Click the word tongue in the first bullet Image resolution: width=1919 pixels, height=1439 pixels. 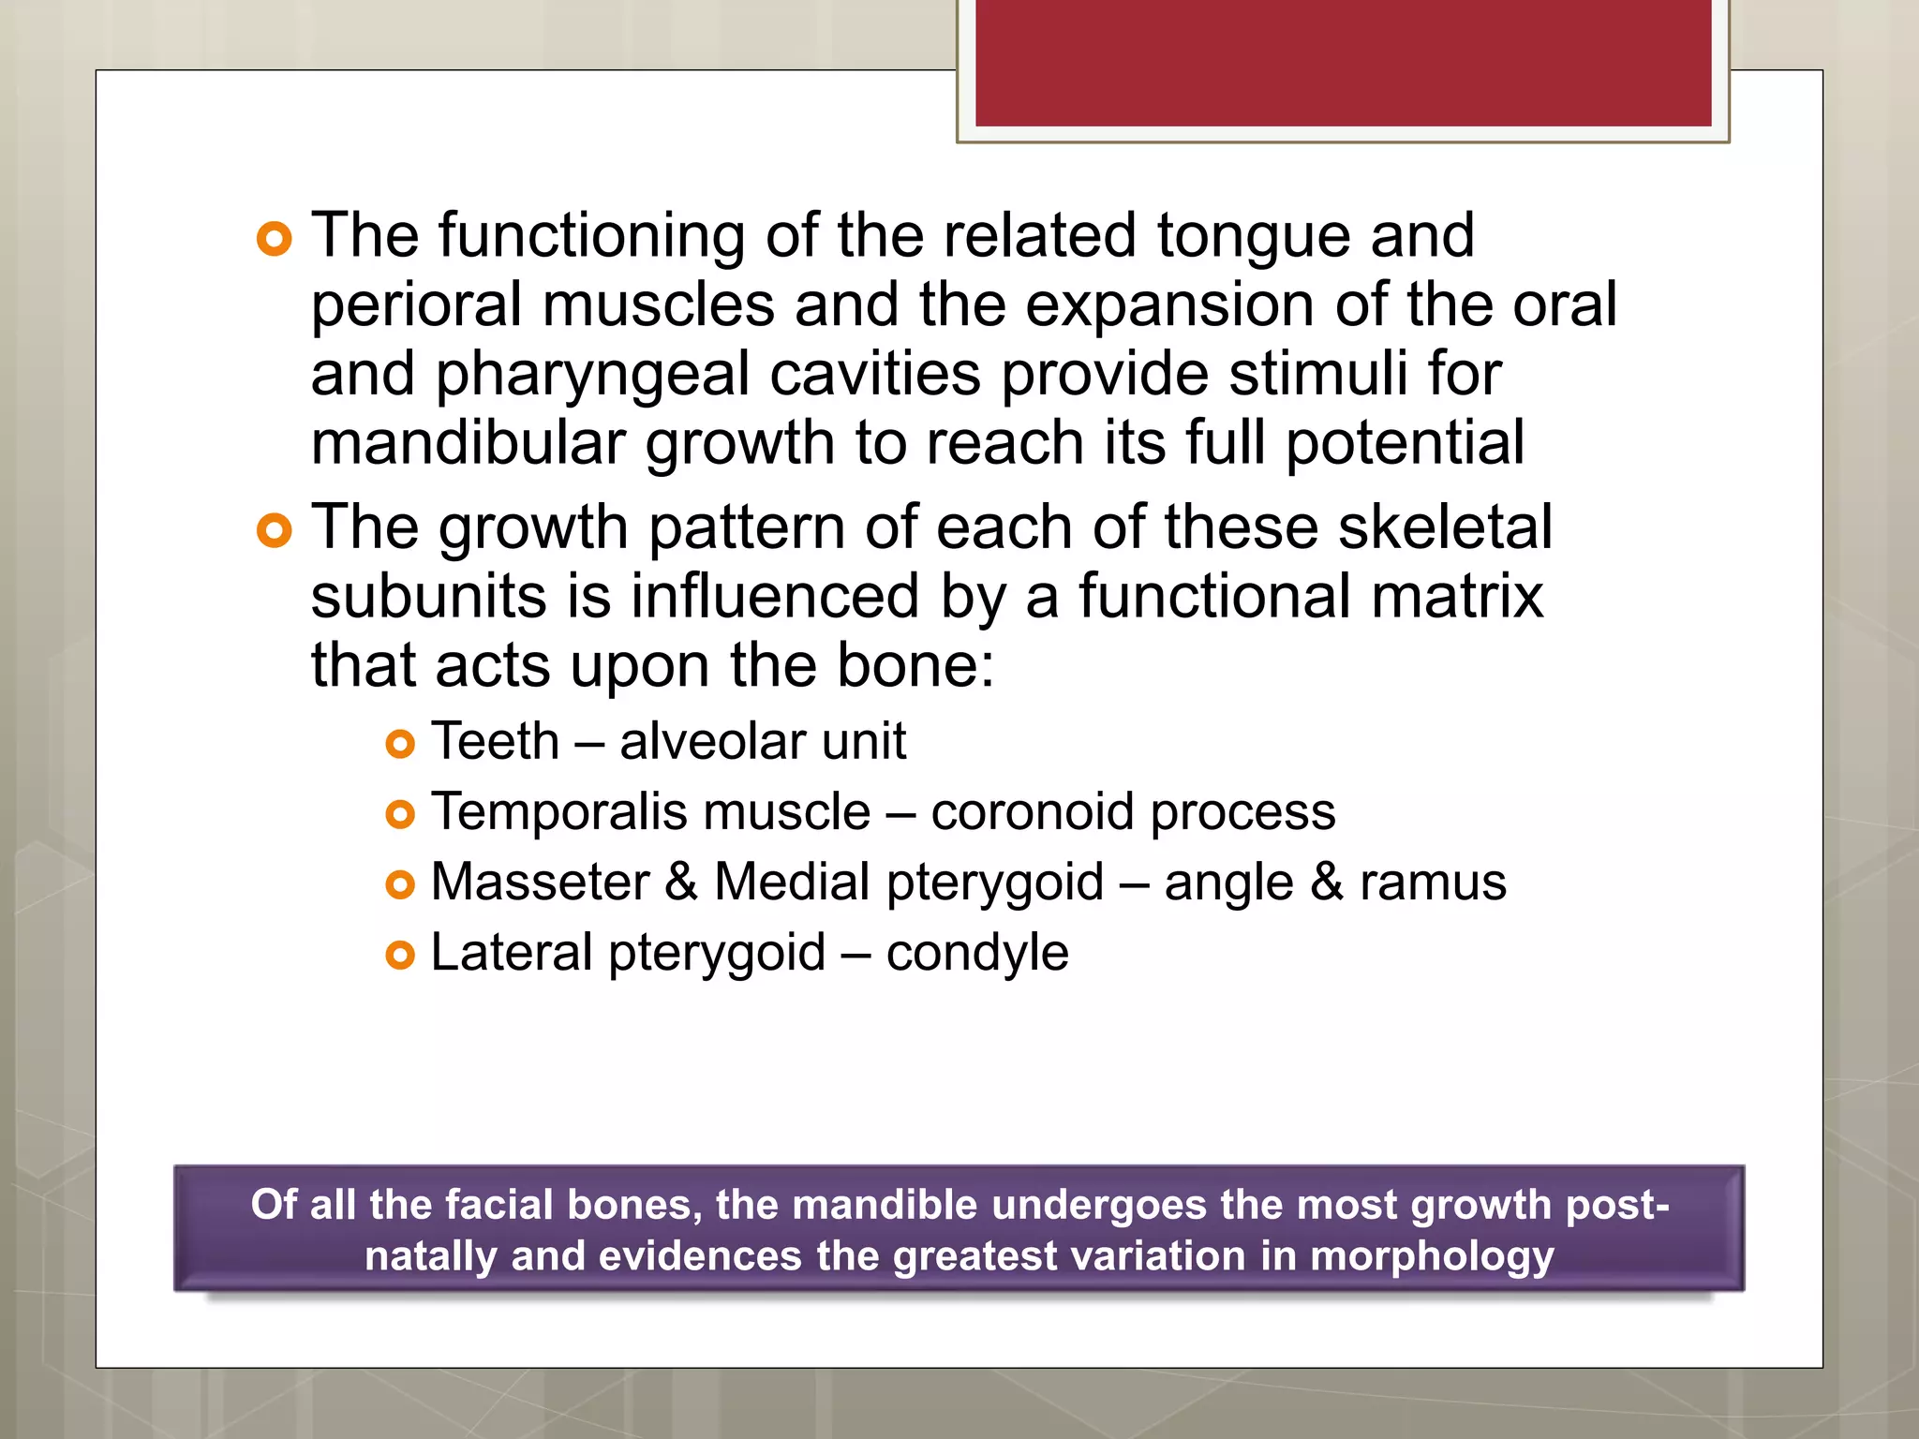1254,236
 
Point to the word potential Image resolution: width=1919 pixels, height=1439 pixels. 1405,444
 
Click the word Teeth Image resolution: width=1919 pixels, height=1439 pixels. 495,742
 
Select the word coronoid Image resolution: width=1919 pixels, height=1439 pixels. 1031,812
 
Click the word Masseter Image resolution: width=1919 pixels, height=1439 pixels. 540,883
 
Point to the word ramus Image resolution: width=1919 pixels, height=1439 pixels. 1433,883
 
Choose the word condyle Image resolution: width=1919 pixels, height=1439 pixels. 977,953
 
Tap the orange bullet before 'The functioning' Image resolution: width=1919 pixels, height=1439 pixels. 274,240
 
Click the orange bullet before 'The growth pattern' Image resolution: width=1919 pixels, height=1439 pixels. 274,532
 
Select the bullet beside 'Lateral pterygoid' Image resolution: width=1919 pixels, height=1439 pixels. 400,957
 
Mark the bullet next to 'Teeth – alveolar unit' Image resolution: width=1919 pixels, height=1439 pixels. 400,746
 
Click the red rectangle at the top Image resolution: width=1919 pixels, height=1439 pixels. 1343,62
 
